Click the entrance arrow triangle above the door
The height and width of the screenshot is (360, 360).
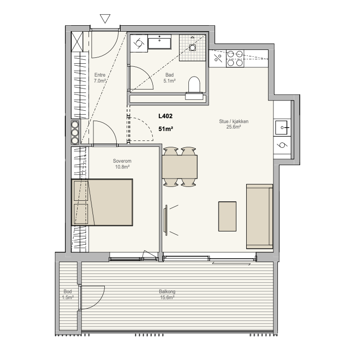pyautogui.click(x=105, y=18)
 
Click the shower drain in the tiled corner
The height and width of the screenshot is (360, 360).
pyautogui.click(x=193, y=47)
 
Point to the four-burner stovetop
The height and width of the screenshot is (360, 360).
pyautogui.click(x=235, y=58)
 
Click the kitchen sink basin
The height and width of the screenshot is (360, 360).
pyautogui.click(x=281, y=128)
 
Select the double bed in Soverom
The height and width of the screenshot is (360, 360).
pyautogui.click(x=102, y=202)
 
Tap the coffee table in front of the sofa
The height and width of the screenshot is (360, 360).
pyautogui.click(x=227, y=216)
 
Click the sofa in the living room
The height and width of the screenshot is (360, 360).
pyautogui.click(x=260, y=216)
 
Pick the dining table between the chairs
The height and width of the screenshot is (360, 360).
pyautogui.click(x=180, y=167)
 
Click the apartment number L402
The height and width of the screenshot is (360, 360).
pyautogui.click(x=165, y=116)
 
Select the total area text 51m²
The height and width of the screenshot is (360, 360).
pyautogui.click(x=166, y=129)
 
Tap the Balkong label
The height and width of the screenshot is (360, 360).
pyautogui.click(x=167, y=292)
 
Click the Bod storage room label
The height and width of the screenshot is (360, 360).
pyautogui.click(x=67, y=292)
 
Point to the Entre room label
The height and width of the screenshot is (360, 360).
pyautogui.click(x=100, y=75)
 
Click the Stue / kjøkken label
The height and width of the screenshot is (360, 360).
pyautogui.click(x=234, y=121)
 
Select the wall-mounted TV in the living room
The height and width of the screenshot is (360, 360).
pyautogui.click(x=165, y=220)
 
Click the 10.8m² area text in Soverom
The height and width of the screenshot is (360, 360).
pyautogui.click(x=122, y=167)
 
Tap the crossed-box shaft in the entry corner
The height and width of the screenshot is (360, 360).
pyautogui.click(x=77, y=42)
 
